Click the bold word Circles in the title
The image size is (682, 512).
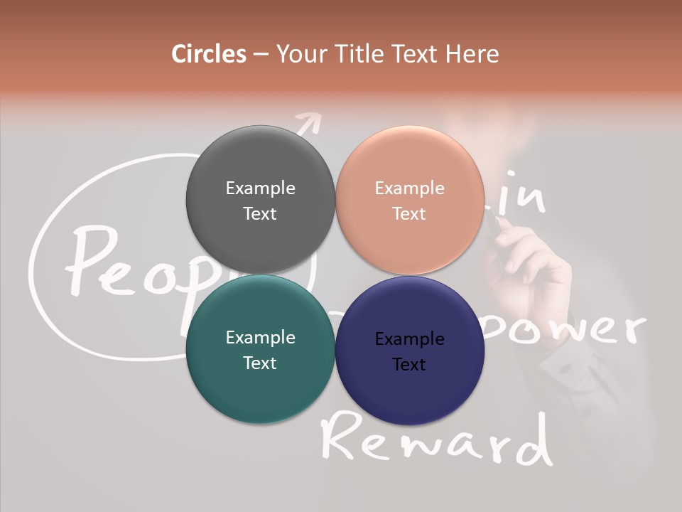(208, 54)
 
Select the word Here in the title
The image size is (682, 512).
(472, 54)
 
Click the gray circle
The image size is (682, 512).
(260, 171)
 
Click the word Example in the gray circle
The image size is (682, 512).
(260, 188)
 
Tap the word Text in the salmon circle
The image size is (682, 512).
(409, 214)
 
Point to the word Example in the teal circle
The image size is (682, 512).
(260, 338)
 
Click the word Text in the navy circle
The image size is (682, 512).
(409, 365)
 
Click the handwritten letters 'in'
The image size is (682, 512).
(521, 200)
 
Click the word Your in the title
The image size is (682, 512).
(301, 54)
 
